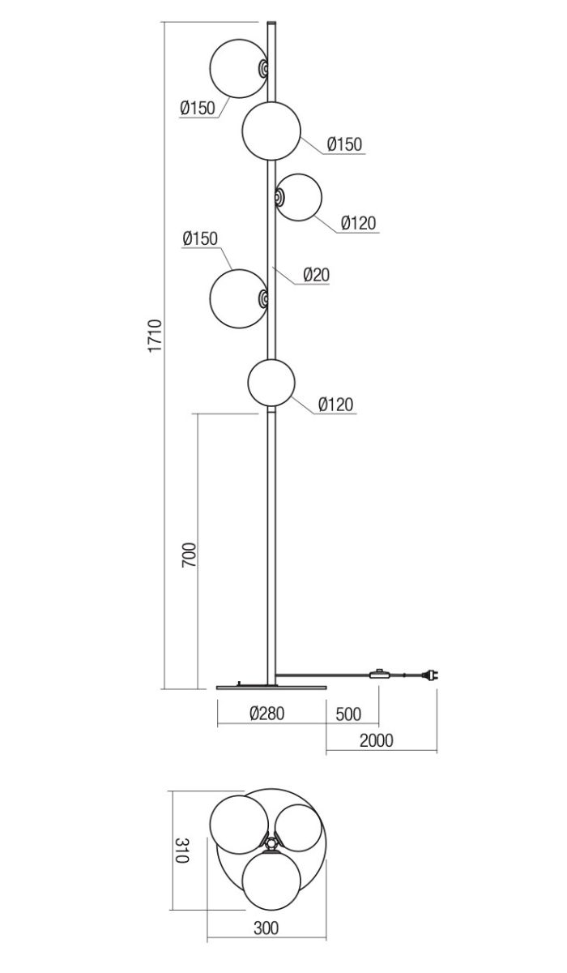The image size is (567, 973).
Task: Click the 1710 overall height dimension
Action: [155, 336]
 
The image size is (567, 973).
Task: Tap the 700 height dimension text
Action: [189, 555]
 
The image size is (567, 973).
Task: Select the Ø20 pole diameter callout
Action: [316, 275]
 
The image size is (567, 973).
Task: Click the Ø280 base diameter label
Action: [267, 714]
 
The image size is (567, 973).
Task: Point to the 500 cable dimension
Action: [348, 714]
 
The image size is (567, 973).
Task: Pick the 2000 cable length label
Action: [376, 740]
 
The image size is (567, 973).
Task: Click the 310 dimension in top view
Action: [182, 851]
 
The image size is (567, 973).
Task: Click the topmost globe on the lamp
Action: [238, 69]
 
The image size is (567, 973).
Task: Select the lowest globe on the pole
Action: [271, 383]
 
